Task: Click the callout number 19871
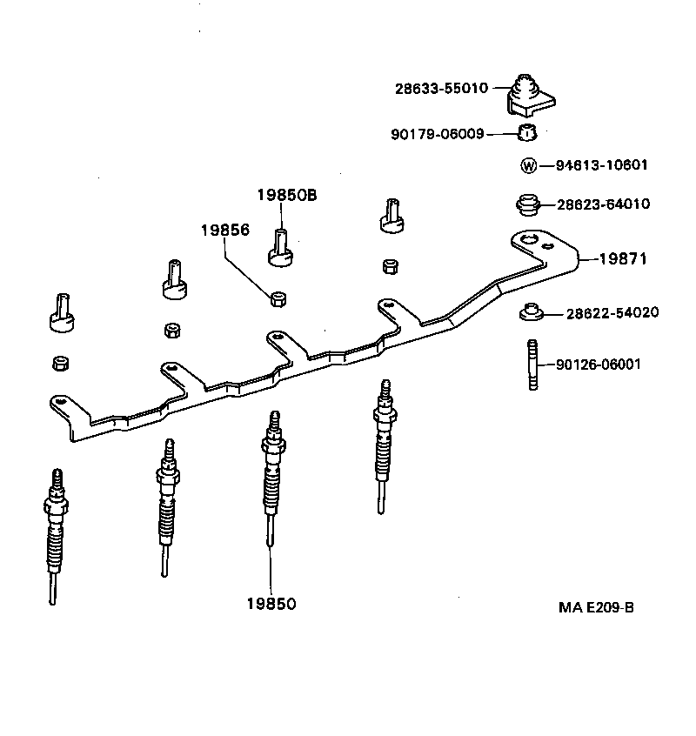click(623, 258)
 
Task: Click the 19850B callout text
click(286, 196)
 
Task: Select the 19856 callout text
click(225, 231)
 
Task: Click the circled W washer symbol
click(527, 165)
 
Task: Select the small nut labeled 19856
click(278, 299)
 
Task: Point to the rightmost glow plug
click(382, 444)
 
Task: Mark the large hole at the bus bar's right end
click(526, 239)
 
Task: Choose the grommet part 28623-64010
click(525, 206)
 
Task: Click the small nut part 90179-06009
click(526, 133)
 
